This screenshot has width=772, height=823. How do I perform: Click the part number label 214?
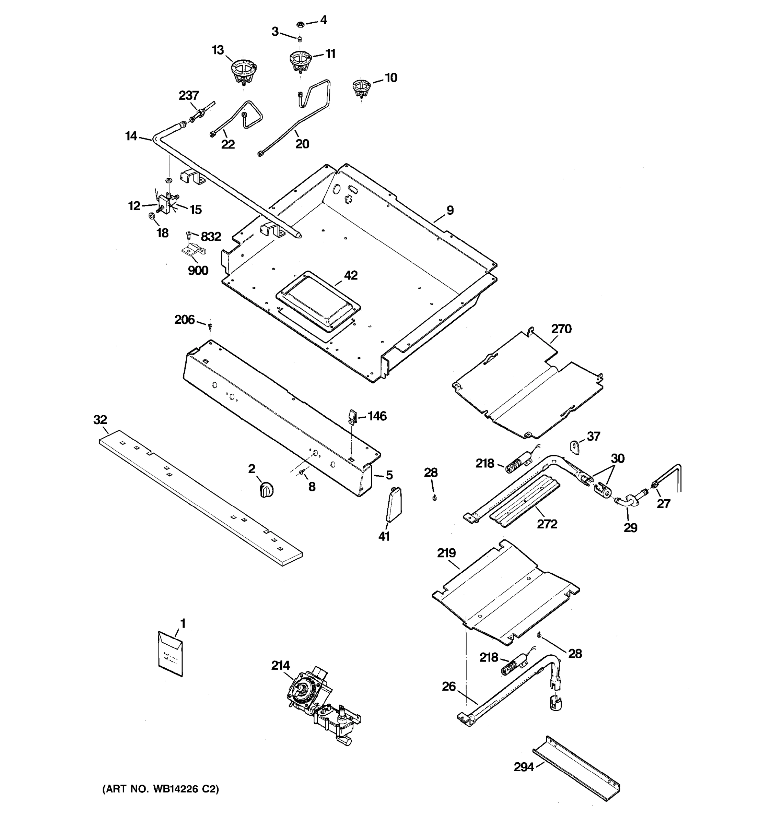coord(280,665)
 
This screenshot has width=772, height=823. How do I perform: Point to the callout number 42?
coord(351,275)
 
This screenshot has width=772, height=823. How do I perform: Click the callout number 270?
coord(561,329)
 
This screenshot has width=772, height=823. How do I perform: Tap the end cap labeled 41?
coord(394,504)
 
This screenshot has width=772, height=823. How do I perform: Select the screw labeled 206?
coord(210,326)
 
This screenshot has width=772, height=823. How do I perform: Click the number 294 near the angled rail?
coord(524,767)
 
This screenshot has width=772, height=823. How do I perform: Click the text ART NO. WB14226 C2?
coord(161,789)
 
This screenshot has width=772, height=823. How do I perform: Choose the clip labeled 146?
coord(351,417)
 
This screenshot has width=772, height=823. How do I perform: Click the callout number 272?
coord(547,524)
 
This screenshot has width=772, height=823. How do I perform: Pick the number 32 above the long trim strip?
coord(100,420)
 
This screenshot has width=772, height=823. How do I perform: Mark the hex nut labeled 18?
coord(152,216)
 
